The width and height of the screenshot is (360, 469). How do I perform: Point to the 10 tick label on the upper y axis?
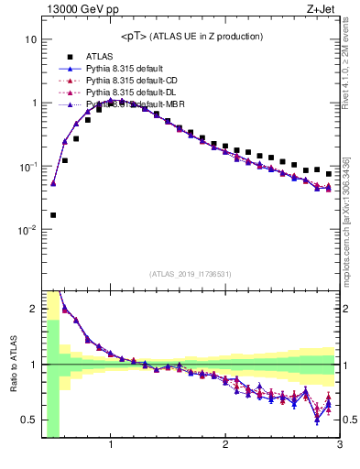(30, 40)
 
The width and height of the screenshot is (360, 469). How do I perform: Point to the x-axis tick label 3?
(339, 446)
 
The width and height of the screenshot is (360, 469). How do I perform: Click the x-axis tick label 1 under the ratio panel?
(111, 446)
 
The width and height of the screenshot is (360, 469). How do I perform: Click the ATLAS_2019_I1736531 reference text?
(191, 273)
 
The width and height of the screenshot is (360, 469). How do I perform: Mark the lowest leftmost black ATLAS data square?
(53, 215)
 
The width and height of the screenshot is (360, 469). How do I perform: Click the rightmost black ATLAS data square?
(328, 173)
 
